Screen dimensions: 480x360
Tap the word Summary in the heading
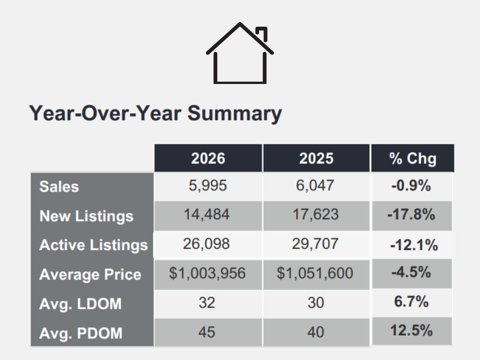235,114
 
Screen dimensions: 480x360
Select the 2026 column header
208,158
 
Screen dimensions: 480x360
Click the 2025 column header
316,158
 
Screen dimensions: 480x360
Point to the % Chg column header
412,159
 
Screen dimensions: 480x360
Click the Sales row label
59,186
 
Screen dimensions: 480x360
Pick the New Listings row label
86,216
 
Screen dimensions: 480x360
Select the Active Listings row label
93,245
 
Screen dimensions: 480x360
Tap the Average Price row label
90,274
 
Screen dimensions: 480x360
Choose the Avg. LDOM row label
80,304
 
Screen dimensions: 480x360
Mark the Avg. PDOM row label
81,333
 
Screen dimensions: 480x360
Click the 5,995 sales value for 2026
208,185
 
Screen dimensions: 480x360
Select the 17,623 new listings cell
316,214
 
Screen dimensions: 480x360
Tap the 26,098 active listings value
206,244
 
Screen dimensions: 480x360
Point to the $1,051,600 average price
315,273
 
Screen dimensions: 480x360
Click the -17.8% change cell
411,214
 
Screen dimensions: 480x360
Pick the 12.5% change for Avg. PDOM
412,331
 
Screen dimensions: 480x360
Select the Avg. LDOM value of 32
207,303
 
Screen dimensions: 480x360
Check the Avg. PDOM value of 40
316,332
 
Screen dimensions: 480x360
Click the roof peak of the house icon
240,24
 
